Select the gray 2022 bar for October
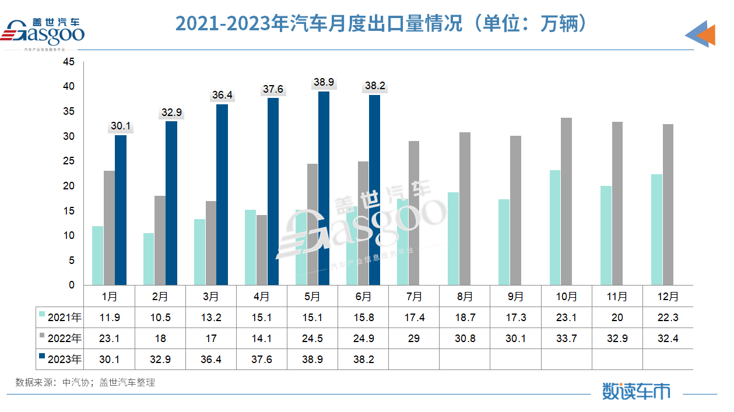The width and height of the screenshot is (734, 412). tap(566, 202)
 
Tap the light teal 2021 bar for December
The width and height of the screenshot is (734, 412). tap(656, 230)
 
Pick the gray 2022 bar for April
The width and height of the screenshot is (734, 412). tap(262, 250)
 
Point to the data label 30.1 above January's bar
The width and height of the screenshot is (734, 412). tap(121, 126)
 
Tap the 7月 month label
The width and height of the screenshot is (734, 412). tap(413, 297)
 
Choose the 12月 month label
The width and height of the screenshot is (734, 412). tap(668, 297)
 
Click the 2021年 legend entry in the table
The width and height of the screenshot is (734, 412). tap(59, 317)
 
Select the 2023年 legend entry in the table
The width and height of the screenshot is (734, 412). tap(59, 360)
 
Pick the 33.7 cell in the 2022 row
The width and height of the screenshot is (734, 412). tap(566, 339)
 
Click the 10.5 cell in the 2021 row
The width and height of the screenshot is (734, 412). tap(160, 317)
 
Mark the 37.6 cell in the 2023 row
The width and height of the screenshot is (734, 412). tap(262, 360)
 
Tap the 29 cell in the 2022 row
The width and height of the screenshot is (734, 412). tap(413, 339)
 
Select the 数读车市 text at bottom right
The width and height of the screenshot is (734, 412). tap(636, 391)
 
